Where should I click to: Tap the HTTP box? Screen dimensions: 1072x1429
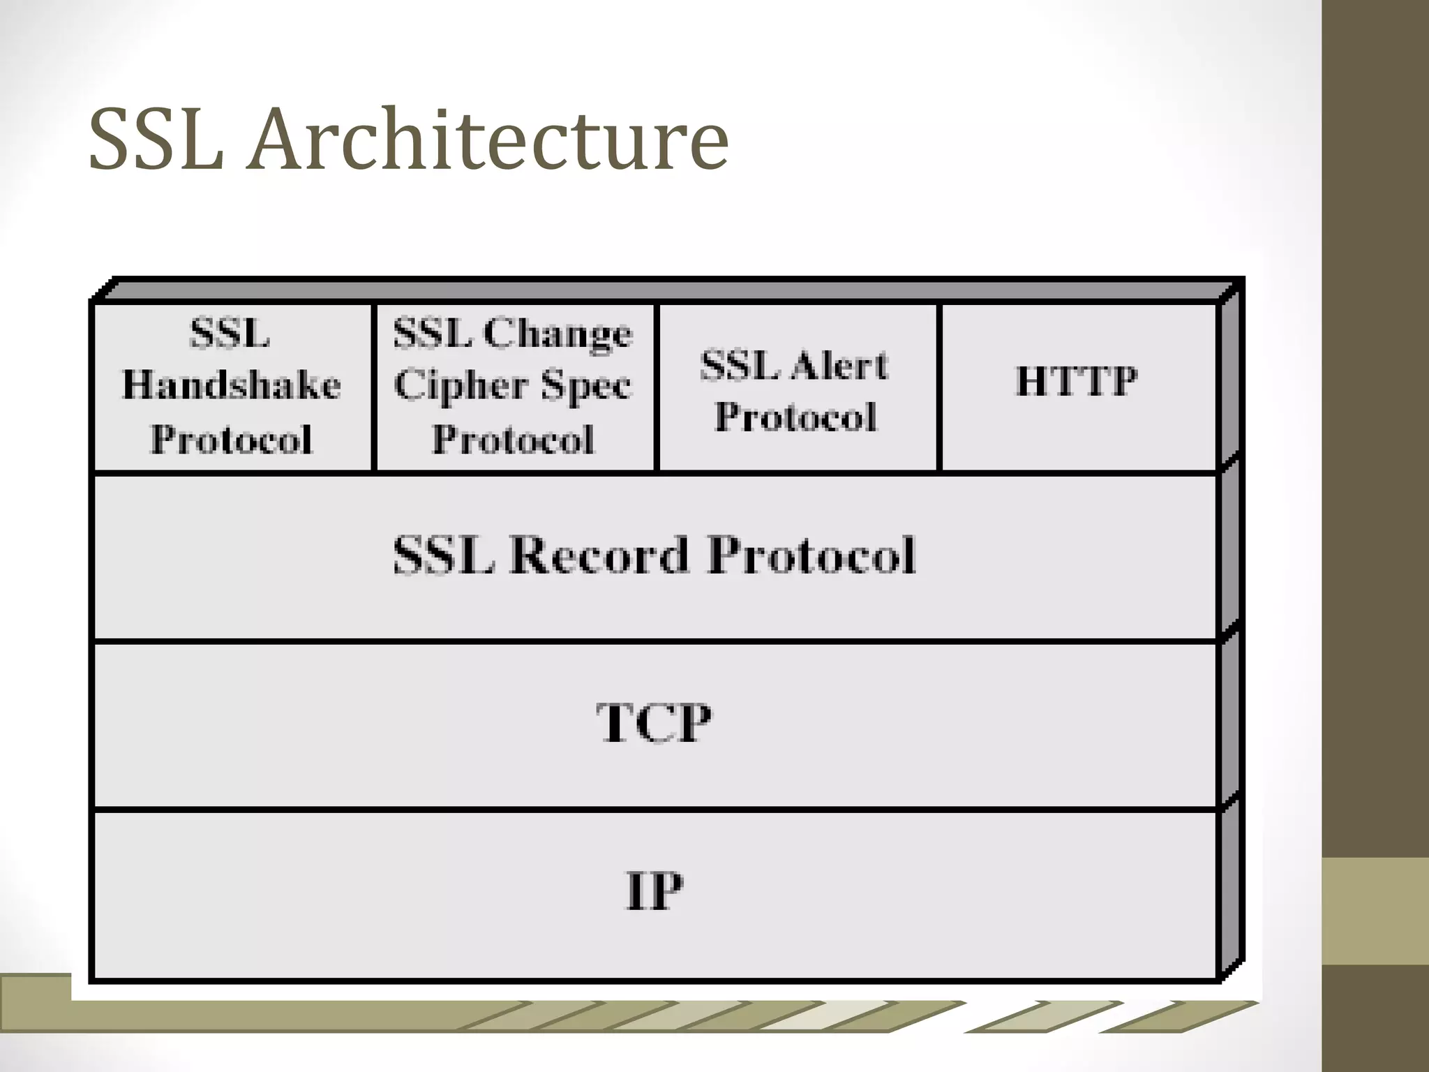click(1077, 381)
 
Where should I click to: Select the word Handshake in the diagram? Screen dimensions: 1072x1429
click(232, 385)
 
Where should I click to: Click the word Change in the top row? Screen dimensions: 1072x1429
click(558, 333)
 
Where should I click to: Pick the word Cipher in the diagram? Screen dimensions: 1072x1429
click(461, 386)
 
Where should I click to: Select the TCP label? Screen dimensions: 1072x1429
click(654, 723)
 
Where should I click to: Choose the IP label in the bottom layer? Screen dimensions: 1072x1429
click(654, 891)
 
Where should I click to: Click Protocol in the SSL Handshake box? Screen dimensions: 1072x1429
click(232, 440)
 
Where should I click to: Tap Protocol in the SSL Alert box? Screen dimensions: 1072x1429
click(795, 417)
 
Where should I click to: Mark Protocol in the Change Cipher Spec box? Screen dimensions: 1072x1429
click(513, 440)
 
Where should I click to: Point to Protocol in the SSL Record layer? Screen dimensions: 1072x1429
click(811, 556)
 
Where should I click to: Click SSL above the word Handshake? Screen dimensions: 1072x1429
click(230, 333)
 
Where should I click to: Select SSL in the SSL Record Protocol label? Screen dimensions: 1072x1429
click(444, 556)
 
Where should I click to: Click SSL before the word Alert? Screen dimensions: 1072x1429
click(740, 366)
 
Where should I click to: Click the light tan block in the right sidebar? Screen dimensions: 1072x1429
click(1375, 911)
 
